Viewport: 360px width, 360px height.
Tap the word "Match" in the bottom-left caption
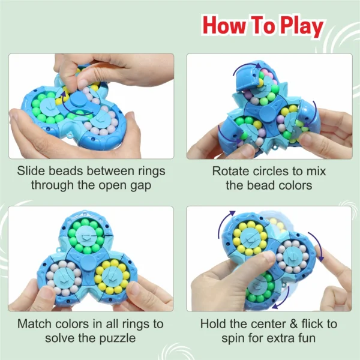pos(35,324)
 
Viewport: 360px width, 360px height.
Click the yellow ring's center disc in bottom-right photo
pos(250,239)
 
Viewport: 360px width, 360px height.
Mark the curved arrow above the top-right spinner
pos(245,67)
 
